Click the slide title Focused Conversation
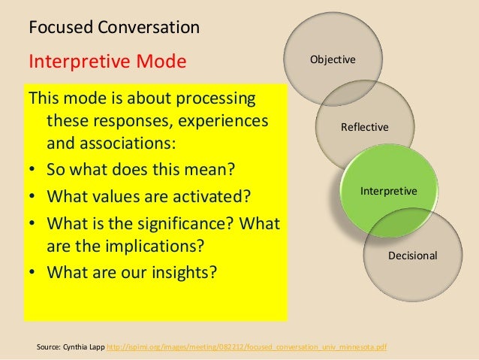click(x=113, y=29)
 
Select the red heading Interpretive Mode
click(x=106, y=60)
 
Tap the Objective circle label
click(x=333, y=59)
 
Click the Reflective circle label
click(x=365, y=127)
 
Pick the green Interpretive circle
click(x=388, y=192)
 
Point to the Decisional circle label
click(x=412, y=256)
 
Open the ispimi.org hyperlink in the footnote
click(x=244, y=347)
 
